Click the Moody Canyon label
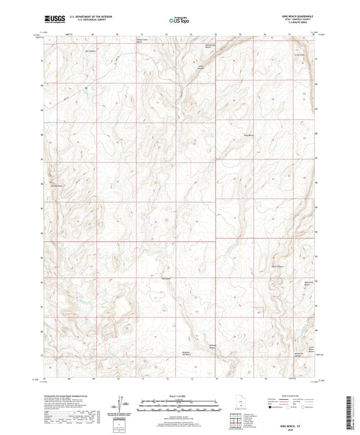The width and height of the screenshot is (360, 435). pos(277,267)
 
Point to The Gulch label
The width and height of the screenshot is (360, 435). pos(168,278)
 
